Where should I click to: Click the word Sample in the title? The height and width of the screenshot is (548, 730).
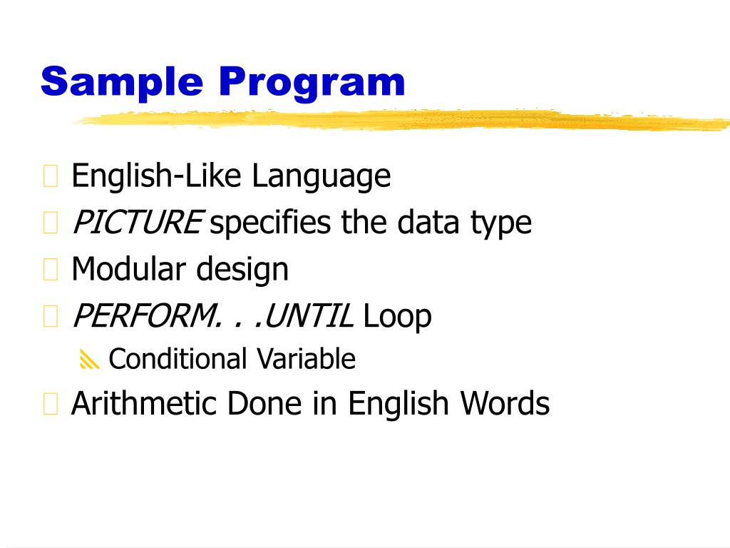122,82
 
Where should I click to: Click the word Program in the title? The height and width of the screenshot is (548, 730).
312,83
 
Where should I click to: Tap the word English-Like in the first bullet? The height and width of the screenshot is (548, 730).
156,176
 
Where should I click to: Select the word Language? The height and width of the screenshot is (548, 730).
322,177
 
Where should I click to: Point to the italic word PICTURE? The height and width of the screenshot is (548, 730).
138,222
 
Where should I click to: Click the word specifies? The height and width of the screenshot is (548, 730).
270,223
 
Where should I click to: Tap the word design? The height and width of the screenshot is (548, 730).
242,270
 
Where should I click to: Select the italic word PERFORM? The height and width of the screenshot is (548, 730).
145,316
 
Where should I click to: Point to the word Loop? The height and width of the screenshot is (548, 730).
397,317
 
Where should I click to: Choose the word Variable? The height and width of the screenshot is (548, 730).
306,359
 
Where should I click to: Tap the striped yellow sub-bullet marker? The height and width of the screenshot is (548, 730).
89,359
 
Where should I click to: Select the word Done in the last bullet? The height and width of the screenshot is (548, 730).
264,403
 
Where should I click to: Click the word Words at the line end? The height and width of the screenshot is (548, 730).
505,403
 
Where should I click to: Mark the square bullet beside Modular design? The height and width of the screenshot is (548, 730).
51,269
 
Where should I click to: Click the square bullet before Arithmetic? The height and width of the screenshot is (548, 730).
51,404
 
